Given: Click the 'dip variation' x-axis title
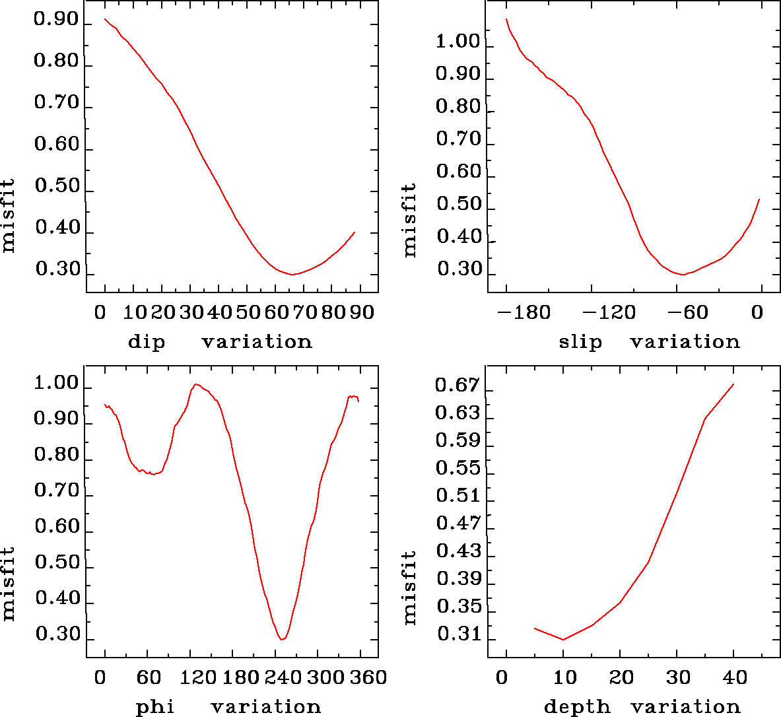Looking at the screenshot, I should pyautogui.click(x=220, y=342).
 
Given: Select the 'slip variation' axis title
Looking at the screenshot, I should pyautogui.click(x=650, y=342).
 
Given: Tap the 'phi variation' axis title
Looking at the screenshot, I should pyautogui.click(x=228, y=707).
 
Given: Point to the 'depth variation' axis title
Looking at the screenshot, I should pyautogui.click(x=642, y=707).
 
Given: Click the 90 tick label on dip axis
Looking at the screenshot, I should pyautogui.click(x=362, y=312).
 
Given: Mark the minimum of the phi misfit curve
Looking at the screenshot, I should pyautogui.click(x=282, y=639).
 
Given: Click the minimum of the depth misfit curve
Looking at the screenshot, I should pyautogui.click(x=563, y=639).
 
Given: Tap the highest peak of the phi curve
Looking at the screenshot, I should pyautogui.click(x=196, y=384).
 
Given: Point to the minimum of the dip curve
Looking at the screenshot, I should pyautogui.click(x=293, y=274).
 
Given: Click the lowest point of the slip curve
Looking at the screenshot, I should pyautogui.click(x=684, y=274).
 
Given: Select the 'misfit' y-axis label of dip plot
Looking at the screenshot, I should pyautogui.click(x=9, y=216).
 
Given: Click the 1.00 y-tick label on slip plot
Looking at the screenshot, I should pyautogui.click(x=458, y=42).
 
